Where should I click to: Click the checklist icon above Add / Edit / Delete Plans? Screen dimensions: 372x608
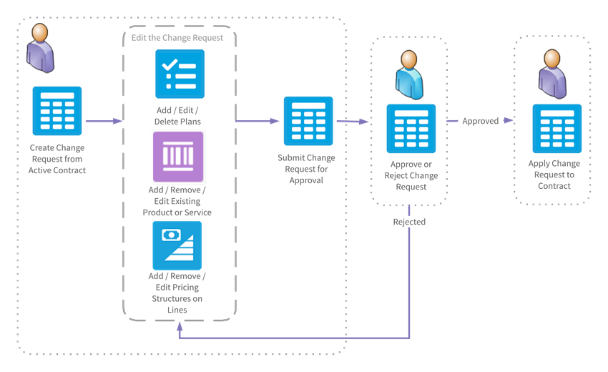[180, 74]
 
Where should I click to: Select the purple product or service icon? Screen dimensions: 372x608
[178, 156]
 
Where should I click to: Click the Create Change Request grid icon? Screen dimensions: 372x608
[57, 111]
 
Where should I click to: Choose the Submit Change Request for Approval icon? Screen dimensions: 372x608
[308, 121]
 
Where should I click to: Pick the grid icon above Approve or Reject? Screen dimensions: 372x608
[411, 128]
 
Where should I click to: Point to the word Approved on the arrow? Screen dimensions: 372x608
[480, 122]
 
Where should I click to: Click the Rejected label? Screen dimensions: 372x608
[409, 222]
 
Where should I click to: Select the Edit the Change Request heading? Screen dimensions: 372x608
[177, 37]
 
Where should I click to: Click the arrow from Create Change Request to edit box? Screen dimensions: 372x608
[104, 122]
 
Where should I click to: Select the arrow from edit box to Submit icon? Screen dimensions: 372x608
[258, 122]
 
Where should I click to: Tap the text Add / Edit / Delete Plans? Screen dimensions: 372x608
[177, 117]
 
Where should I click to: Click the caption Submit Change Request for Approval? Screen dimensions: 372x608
[306, 170]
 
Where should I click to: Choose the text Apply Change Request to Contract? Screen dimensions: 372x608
[554, 175]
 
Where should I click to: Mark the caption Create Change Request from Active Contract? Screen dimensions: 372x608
[57, 160]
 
